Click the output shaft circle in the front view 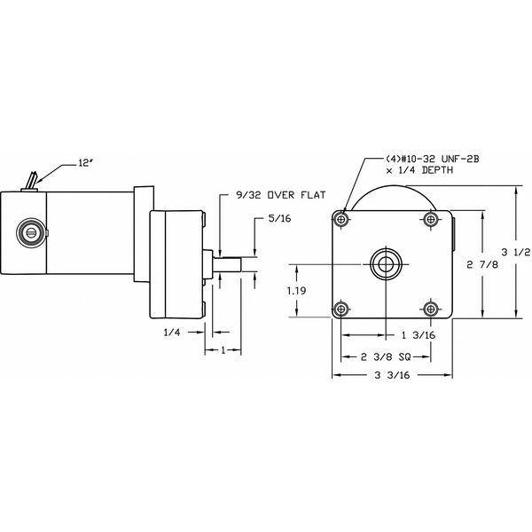[x=386, y=262]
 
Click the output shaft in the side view [x=232, y=263]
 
